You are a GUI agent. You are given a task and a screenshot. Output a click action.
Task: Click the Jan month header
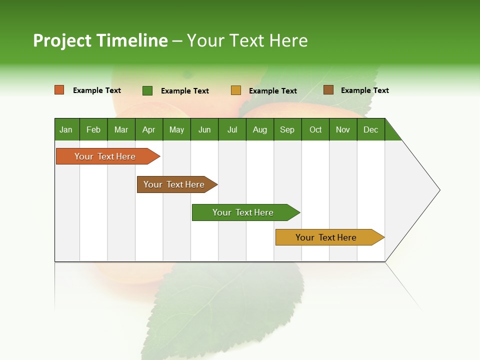click(66, 129)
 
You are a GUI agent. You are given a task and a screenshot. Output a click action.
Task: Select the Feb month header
click(93, 129)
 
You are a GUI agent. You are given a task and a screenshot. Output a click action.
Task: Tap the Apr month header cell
click(149, 129)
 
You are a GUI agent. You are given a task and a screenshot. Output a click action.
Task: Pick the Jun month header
click(204, 129)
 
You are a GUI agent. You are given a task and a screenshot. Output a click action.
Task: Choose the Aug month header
click(260, 129)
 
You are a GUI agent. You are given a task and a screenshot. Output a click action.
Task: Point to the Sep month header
click(287, 129)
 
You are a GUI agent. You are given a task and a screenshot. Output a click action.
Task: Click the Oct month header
click(315, 129)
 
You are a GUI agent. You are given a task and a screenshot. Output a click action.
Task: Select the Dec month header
click(371, 129)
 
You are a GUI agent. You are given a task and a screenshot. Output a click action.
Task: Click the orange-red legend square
click(59, 90)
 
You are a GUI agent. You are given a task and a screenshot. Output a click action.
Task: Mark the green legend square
click(147, 90)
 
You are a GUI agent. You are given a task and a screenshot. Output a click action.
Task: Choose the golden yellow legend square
click(236, 90)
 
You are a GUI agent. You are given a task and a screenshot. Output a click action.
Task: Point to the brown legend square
click(328, 90)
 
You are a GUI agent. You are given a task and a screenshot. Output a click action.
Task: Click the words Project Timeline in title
click(100, 40)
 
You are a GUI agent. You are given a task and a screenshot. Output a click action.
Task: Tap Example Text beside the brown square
click(364, 90)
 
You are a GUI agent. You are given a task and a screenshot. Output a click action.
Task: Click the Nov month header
click(343, 129)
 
